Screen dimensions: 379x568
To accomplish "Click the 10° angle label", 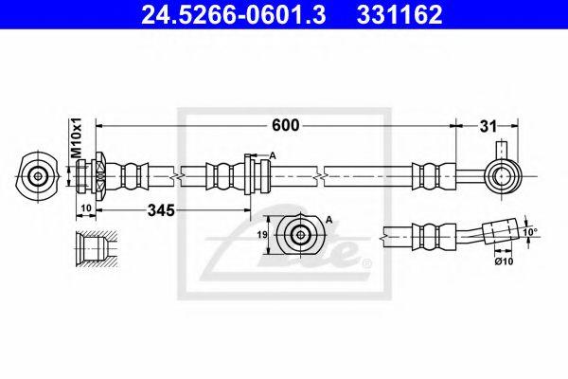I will click(530, 231).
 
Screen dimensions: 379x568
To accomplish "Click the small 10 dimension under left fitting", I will click(84, 207).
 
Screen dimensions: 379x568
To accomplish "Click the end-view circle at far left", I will click(38, 175).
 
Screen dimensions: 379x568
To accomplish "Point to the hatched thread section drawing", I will click(94, 248).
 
